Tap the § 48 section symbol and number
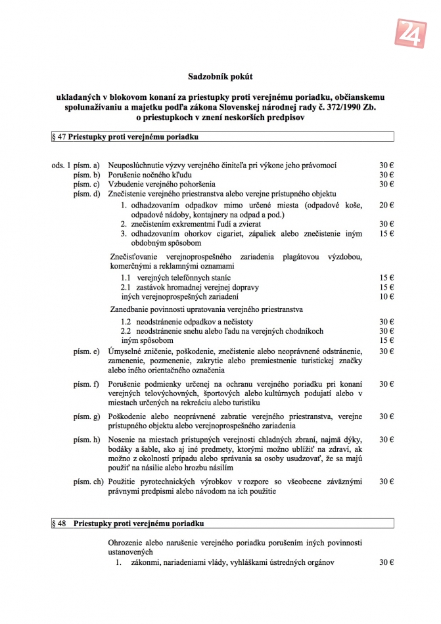(58, 524)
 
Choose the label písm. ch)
(88, 481)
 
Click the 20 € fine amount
(386, 206)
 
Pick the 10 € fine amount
(386, 297)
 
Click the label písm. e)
(86, 351)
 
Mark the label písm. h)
(86, 439)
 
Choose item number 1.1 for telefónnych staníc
(127, 278)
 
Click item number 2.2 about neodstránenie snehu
(127, 332)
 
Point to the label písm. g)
(86, 416)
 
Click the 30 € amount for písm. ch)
(386, 481)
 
